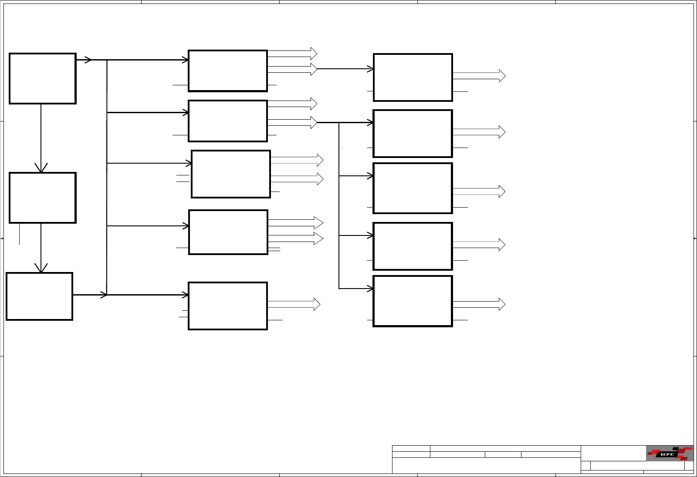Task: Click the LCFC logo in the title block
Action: click(669, 453)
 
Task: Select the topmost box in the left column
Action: click(43, 79)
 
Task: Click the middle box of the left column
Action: click(43, 198)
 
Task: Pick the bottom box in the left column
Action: click(39, 296)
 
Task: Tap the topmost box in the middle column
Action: click(227, 71)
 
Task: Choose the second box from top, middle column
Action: click(227, 121)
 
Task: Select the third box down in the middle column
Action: click(231, 174)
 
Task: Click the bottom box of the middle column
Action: click(227, 306)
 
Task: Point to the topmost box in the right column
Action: click(413, 77)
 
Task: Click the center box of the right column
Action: click(413, 188)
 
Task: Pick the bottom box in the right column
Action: click(413, 301)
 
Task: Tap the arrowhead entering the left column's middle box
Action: click(41, 168)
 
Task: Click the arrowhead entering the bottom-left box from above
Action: click(41, 268)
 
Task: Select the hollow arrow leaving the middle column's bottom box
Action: click(294, 304)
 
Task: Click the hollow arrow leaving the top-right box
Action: click(479, 76)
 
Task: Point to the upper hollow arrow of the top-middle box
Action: click(292, 54)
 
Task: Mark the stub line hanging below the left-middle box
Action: click(19, 234)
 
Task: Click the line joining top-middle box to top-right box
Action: click(344, 69)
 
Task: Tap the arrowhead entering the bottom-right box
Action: click(370, 289)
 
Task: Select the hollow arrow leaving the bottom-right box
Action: click(479, 304)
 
